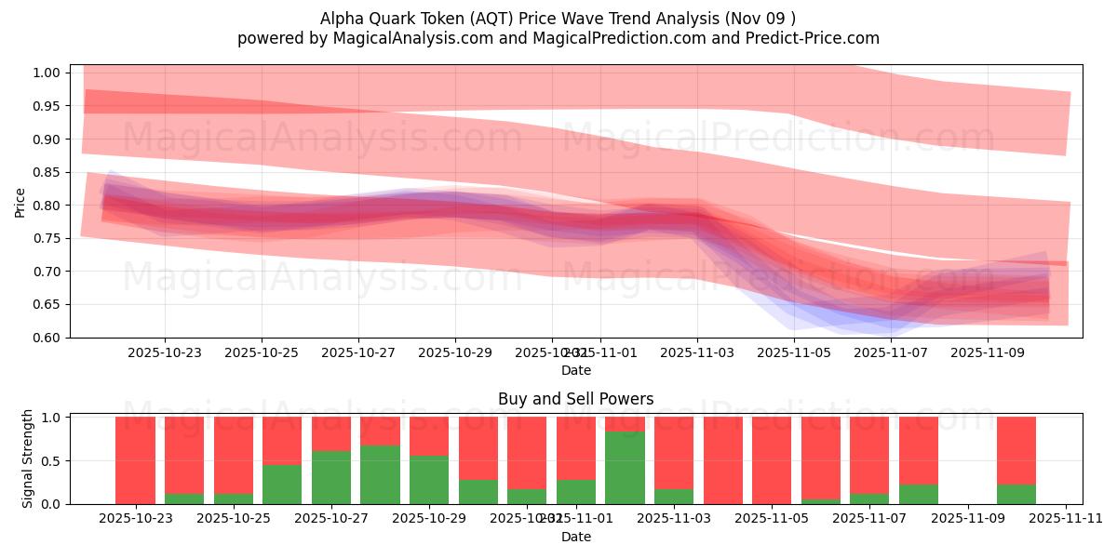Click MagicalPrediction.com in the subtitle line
click(638, 38)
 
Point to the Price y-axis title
click(20, 202)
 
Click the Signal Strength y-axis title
click(28, 458)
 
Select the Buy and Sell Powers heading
click(575, 399)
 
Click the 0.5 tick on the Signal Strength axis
click(52, 461)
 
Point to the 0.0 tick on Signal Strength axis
click(52, 504)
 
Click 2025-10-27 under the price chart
click(358, 353)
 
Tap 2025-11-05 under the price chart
click(794, 353)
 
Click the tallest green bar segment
click(625, 468)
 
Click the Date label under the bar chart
click(575, 537)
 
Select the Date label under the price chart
click(575, 370)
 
